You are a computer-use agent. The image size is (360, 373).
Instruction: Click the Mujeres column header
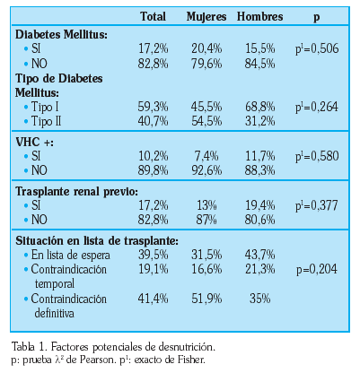tap(206, 17)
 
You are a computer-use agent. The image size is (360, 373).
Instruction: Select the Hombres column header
tap(259, 16)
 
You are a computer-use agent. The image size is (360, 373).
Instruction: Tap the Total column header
tap(153, 16)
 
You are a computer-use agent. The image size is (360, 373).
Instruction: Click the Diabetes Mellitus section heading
tap(61, 34)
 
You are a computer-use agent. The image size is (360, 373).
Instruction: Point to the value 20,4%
tap(206, 48)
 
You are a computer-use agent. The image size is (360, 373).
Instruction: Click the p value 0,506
tap(317, 48)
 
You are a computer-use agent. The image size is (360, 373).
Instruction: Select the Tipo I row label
tap(45, 107)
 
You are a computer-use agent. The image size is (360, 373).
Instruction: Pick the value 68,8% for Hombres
tap(259, 107)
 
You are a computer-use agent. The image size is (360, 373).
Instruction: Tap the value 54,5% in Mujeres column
tap(206, 121)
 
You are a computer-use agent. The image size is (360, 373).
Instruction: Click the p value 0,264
tap(317, 107)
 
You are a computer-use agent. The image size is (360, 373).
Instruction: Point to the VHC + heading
tap(34, 142)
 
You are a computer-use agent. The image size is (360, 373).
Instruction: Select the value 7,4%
tap(206, 156)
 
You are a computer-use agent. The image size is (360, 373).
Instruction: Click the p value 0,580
tap(317, 156)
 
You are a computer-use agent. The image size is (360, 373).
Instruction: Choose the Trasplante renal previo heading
tap(77, 191)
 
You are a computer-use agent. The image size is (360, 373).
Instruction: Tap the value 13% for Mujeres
tap(206, 205)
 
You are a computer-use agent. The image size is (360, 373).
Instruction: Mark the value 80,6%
tap(259, 220)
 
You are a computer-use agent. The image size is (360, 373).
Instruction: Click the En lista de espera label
tap(70, 256)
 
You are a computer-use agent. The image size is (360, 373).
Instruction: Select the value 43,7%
tap(259, 255)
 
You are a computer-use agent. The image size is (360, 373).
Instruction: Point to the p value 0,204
tap(317, 269)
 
